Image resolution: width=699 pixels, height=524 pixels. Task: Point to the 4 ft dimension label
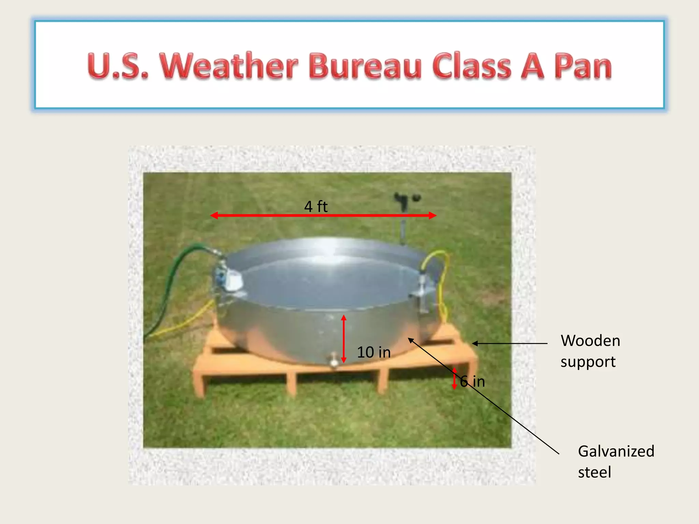tap(316, 207)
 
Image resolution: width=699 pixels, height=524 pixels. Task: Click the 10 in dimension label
tap(374, 352)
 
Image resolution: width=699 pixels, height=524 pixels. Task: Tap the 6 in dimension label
tap(473, 381)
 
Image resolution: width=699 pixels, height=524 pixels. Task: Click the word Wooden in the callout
tap(590, 341)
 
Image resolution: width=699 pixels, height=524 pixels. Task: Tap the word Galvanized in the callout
tap(616, 451)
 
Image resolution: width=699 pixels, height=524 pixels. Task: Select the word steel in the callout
tap(594, 472)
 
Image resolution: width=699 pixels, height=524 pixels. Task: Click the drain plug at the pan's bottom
tap(333, 361)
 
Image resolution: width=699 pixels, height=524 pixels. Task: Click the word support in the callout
tap(588, 362)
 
